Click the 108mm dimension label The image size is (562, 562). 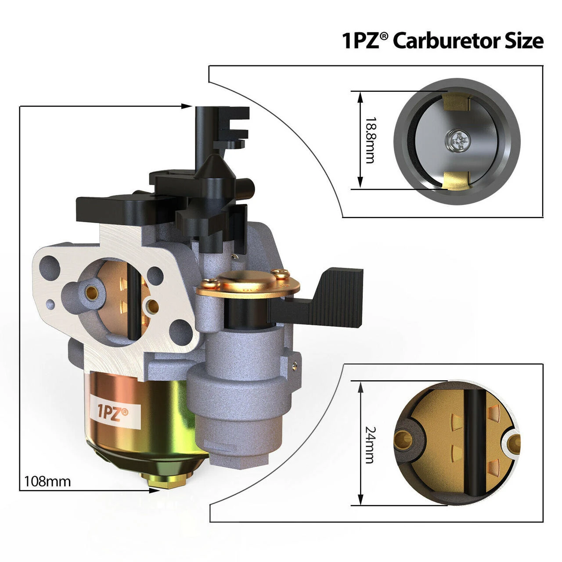(47, 481)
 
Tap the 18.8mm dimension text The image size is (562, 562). (370, 140)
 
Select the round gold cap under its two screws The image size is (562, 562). (248, 283)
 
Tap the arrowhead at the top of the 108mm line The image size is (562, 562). (187, 106)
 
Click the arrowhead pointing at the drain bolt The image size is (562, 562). (154, 490)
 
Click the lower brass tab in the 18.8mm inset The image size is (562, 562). (456, 180)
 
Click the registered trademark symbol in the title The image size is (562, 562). (384, 36)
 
